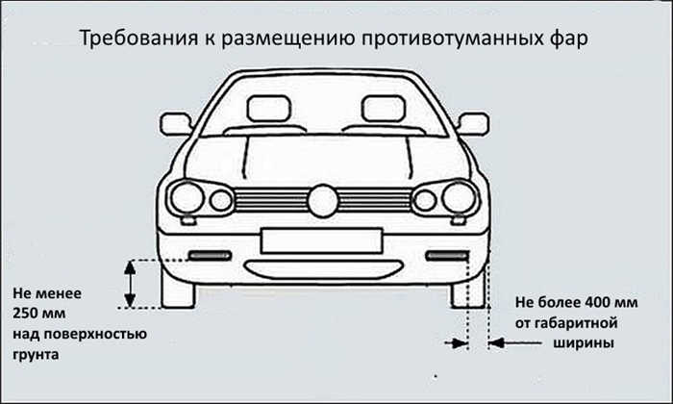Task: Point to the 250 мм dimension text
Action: click(x=39, y=313)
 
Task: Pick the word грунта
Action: click(x=36, y=355)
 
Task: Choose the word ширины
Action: click(x=584, y=343)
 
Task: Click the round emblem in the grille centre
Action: click(x=323, y=200)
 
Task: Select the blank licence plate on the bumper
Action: click(x=321, y=240)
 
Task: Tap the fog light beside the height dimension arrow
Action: click(x=210, y=256)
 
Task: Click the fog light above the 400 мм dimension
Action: click(x=447, y=256)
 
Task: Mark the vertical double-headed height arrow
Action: click(x=130, y=284)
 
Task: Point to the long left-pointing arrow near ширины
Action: click(x=514, y=343)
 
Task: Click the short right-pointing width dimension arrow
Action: click(x=457, y=343)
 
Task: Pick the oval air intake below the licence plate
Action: click(x=323, y=269)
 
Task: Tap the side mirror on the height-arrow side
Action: click(x=176, y=124)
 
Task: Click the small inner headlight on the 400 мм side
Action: click(x=425, y=200)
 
